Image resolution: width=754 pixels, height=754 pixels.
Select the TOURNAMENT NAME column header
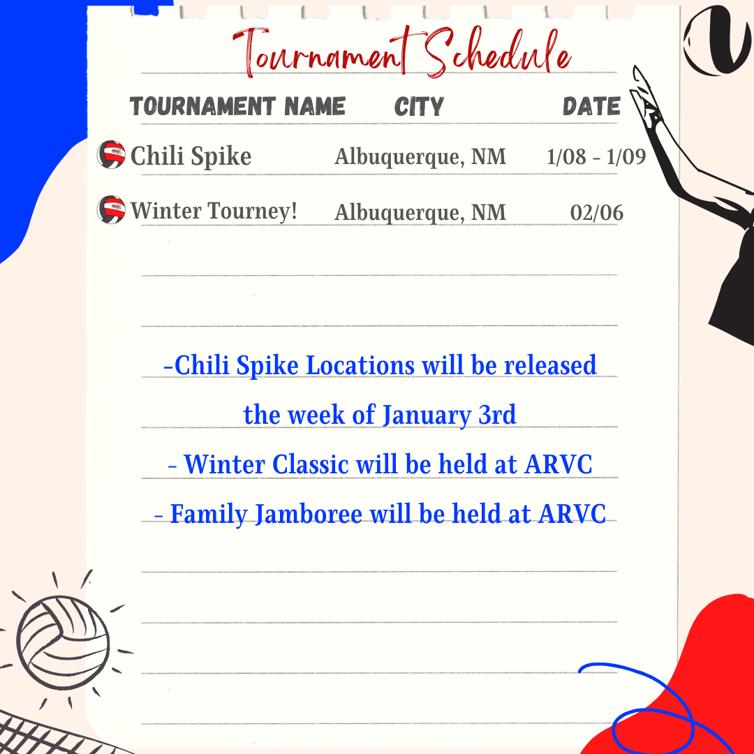[x=237, y=106]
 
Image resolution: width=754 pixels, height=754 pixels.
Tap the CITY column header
[x=419, y=106]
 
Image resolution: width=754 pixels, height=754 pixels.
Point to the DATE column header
[x=591, y=106]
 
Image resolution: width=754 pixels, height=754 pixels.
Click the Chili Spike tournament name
[x=191, y=156]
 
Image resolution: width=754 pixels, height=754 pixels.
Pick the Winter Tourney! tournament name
[x=214, y=211]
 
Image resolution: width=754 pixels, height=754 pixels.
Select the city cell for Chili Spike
[x=420, y=157]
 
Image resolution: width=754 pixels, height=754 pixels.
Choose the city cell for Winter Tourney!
[x=420, y=212]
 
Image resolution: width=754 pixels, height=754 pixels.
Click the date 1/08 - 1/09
[x=596, y=157]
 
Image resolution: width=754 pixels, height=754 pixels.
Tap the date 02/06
[x=597, y=212]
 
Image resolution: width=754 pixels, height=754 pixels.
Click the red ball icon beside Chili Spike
[x=111, y=154]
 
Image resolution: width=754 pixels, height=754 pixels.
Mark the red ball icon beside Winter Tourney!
[x=111, y=209]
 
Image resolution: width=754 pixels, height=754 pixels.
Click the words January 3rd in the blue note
[x=449, y=415]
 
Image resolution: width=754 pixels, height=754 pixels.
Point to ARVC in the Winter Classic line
[x=559, y=464]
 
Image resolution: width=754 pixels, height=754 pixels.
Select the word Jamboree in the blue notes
[x=309, y=514]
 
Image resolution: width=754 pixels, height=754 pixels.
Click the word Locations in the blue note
[x=360, y=365]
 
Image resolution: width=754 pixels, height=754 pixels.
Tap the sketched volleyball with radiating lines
[x=63, y=642]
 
